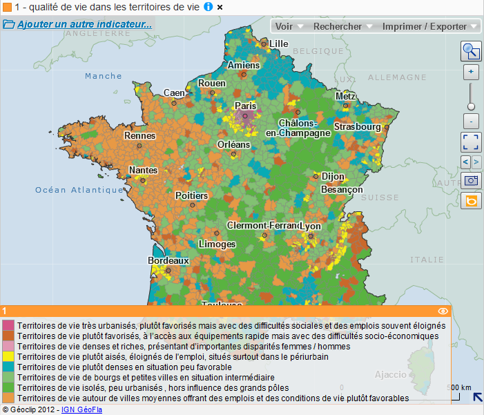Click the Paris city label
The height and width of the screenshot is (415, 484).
coord(245,106)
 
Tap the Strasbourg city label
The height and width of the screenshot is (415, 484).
coord(357,127)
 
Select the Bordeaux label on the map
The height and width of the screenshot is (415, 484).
coord(168,261)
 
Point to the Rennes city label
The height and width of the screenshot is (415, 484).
coord(139,136)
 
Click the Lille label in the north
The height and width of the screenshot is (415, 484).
coord(279,44)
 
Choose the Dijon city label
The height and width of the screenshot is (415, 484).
coord(333,177)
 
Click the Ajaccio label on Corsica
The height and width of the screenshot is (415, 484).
coord(390,375)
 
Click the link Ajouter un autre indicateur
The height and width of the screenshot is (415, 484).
coord(84,24)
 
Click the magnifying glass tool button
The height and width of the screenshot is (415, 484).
coord(471,51)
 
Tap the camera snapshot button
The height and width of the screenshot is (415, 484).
coord(471,180)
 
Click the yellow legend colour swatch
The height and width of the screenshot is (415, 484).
coord(8,357)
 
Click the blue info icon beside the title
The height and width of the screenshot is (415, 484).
coord(209,7)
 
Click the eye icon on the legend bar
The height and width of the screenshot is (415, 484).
coord(443,311)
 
